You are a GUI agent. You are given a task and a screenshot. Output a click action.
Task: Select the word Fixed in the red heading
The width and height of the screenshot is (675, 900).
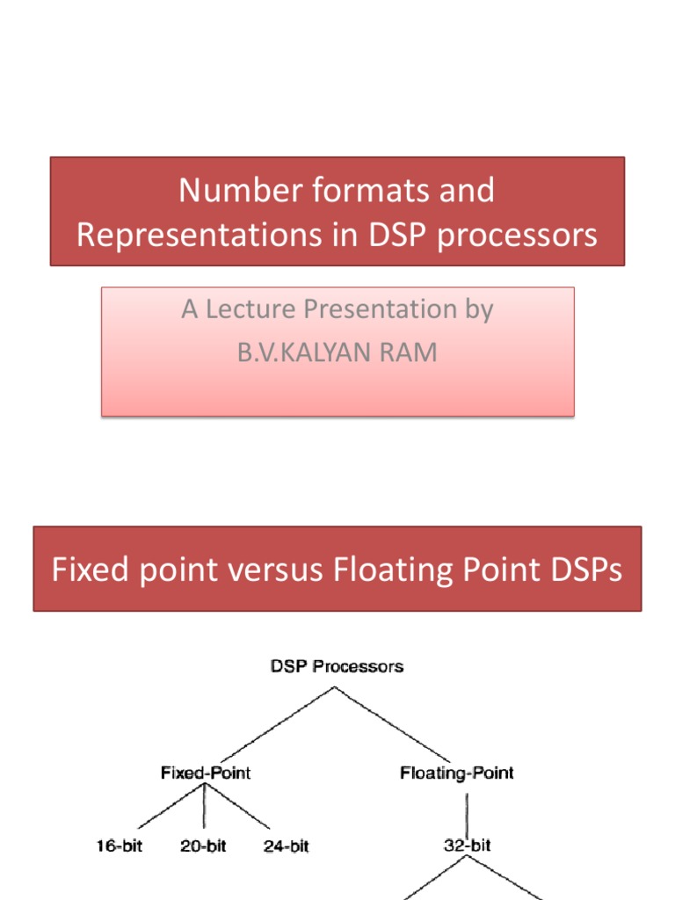click(x=85, y=570)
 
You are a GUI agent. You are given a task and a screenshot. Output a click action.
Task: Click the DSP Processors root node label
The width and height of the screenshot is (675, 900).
click(x=337, y=666)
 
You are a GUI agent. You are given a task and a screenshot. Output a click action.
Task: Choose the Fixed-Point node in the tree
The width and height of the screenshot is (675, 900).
click(x=206, y=773)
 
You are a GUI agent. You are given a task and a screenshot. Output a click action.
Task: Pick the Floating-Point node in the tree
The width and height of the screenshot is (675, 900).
click(x=457, y=773)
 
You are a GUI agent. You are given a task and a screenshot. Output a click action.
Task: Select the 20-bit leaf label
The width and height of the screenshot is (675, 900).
click(x=202, y=846)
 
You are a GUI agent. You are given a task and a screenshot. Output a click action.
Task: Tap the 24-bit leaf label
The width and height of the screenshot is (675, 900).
click(x=286, y=846)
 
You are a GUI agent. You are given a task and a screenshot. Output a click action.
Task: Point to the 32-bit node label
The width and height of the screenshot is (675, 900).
click(x=467, y=846)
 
